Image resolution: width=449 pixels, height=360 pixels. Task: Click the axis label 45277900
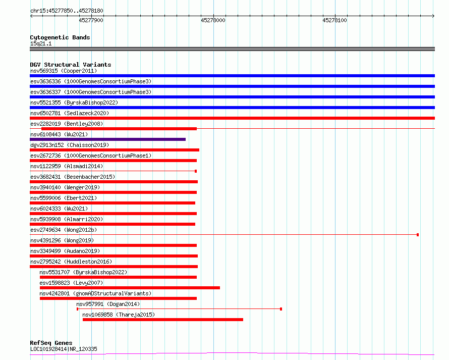91,20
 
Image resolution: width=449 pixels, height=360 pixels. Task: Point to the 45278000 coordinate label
213,20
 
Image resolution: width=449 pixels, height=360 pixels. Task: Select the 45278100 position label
335,20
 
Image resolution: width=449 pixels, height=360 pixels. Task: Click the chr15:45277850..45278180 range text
67,11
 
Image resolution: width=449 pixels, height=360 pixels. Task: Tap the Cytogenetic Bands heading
60,37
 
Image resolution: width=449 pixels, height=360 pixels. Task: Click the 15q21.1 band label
41,43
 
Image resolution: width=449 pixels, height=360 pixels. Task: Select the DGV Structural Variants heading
71,65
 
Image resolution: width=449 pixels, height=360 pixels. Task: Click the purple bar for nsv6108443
107,139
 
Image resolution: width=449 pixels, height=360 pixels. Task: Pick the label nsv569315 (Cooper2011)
64,71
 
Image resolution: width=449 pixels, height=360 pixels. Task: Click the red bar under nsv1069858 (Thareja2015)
163,320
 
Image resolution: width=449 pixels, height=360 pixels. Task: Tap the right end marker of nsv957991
281,309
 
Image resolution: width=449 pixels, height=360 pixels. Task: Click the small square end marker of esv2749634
418,235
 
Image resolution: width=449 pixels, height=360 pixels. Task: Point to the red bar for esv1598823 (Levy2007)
130,288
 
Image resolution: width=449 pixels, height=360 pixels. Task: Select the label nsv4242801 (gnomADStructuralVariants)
95,293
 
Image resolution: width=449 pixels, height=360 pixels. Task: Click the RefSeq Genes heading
51,343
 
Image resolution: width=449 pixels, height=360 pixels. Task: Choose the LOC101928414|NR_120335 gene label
64,349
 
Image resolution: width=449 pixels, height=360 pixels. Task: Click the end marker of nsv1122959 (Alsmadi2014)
196,171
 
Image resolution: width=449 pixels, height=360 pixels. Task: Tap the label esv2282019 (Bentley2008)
67,124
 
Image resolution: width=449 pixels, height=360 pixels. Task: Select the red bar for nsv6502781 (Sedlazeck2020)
232,118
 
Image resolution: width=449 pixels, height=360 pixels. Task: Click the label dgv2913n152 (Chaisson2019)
70,145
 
